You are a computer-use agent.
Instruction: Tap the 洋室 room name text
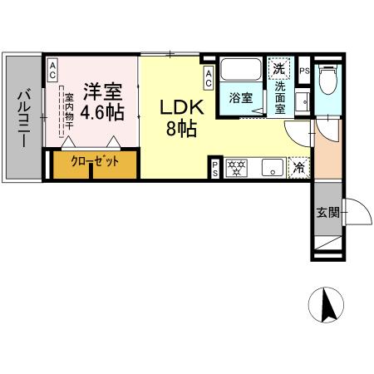tap(102, 89)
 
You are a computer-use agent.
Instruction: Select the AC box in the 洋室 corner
tap(52, 72)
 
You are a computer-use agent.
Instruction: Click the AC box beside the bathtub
tap(209, 78)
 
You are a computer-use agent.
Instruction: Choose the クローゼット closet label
tap(94, 161)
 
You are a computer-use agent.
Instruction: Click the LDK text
tap(178, 109)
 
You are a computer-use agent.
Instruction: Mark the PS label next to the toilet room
tap(305, 71)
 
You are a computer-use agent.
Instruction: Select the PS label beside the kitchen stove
tap(214, 169)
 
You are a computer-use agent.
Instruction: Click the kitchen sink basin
tap(270, 168)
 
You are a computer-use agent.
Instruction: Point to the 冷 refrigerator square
tap(300, 168)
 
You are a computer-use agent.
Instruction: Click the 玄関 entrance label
tap(327, 213)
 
